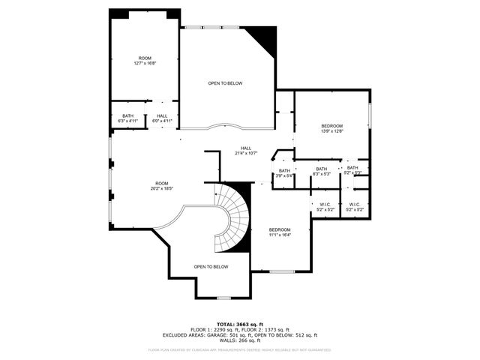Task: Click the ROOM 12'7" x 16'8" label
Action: (145, 61)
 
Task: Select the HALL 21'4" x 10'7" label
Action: (246, 150)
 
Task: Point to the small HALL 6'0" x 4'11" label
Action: (163, 118)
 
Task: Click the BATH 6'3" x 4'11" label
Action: (127, 118)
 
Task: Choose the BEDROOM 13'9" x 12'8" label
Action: (332, 127)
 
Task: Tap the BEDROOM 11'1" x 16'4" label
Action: (280, 232)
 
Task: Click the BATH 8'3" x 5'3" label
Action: (321, 171)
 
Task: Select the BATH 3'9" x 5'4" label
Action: (284, 173)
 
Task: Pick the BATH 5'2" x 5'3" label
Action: (352, 170)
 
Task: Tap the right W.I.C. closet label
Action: (355, 206)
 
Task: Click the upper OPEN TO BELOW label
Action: (225, 83)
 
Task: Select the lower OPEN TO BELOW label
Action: (211, 267)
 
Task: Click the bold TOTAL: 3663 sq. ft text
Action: (239, 323)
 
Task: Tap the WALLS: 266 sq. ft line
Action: (239, 341)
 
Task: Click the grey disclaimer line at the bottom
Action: (239, 349)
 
